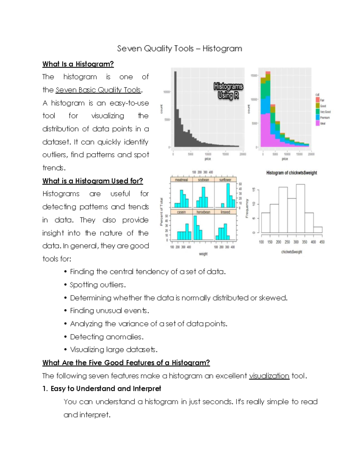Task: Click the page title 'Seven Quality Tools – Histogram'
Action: coord(179,49)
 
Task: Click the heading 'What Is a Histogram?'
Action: coord(78,64)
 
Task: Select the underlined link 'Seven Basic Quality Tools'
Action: coord(98,90)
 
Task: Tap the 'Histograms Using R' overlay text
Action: coord(228,91)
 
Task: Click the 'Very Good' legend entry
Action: coord(325,112)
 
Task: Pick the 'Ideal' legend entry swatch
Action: coord(317,123)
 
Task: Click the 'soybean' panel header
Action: coord(203,180)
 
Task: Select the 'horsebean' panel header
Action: coord(203,212)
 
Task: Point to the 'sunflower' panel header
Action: coord(225,180)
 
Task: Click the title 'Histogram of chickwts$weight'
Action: coord(292,173)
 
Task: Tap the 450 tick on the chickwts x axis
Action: coord(322,242)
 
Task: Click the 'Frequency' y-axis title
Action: coord(247,208)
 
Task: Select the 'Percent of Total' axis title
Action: coord(161,212)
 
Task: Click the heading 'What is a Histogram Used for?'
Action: coord(93,181)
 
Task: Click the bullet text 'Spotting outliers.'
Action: coord(98,285)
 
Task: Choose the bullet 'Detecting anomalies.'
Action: coord(107,337)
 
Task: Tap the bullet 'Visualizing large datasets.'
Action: coord(114,350)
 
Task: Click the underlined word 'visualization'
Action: coord(269,376)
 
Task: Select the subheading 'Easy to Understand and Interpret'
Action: coord(106,389)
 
